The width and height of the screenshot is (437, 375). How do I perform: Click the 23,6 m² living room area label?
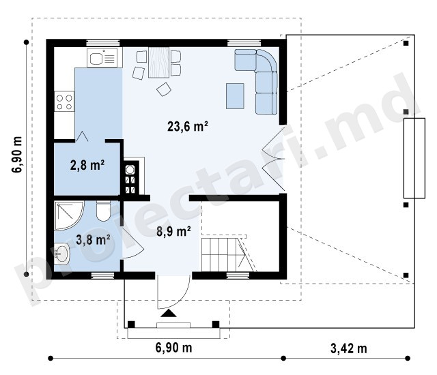pos(188,127)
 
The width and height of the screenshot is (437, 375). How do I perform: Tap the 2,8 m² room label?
pos(87,165)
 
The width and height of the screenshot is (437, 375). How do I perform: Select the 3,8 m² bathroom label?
pos(93,239)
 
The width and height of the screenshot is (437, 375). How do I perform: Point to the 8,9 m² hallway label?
pos(173,231)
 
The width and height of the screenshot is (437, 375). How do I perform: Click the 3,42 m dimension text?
pos(349,348)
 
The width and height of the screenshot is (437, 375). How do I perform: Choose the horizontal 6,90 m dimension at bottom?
pos(173,348)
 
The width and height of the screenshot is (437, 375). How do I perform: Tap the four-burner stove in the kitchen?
pos(64,102)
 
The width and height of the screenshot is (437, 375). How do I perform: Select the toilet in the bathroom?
pos(103,211)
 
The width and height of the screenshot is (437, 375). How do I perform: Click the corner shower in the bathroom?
pos(68,215)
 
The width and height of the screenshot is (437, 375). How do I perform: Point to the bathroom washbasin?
pos(62,254)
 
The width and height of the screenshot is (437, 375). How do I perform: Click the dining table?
pos(158,62)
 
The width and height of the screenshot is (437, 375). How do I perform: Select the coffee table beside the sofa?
pos(235,96)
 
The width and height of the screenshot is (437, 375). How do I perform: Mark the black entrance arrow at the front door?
pos(169,313)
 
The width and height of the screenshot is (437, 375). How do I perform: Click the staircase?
pos(229,254)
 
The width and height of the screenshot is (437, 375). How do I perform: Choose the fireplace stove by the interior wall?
pos(130,178)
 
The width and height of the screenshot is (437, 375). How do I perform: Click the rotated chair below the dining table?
pos(164,89)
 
